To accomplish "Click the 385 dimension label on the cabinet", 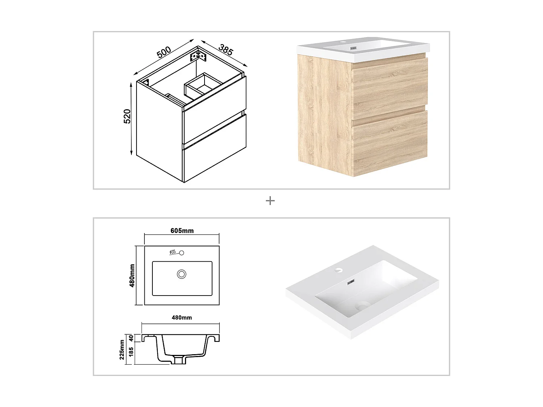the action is tap(226, 50).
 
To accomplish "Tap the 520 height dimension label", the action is tap(127, 116).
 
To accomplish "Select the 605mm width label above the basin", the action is tap(182, 230).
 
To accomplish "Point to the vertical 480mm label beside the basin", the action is tap(132, 276).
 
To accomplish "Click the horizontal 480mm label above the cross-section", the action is tap(182, 318).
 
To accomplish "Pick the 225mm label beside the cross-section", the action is tap(122, 350).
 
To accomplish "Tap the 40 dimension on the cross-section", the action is tap(131, 338).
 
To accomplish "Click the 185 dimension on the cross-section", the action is tap(131, 352).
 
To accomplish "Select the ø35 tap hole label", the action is tap(173, 252).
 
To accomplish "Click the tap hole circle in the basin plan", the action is tap(182, 253).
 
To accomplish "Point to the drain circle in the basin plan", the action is tap(182, 274).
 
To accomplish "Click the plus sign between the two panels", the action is tap(270, 201).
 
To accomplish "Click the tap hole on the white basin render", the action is tap(338, 270).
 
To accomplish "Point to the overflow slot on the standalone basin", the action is tap(351, 282).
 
